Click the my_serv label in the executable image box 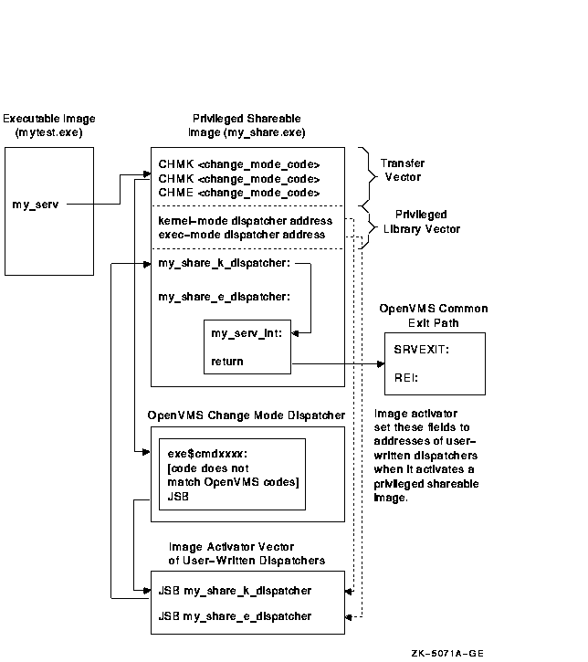click(36, 205)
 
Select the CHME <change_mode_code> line click(238, 193)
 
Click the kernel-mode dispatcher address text click(245, 221)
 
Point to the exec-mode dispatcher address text click(241, 235)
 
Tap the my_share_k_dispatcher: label click(224, 264)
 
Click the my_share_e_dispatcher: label click(224, 296)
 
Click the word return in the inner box click(227, 362)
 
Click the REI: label click(405, 377)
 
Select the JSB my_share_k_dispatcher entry click(235, 591)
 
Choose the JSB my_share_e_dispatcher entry click(235, 616)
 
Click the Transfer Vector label click(403, 169)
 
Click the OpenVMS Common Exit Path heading click(434, 316)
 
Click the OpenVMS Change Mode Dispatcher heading click(246, 415)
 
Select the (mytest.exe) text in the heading click(49, 133)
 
